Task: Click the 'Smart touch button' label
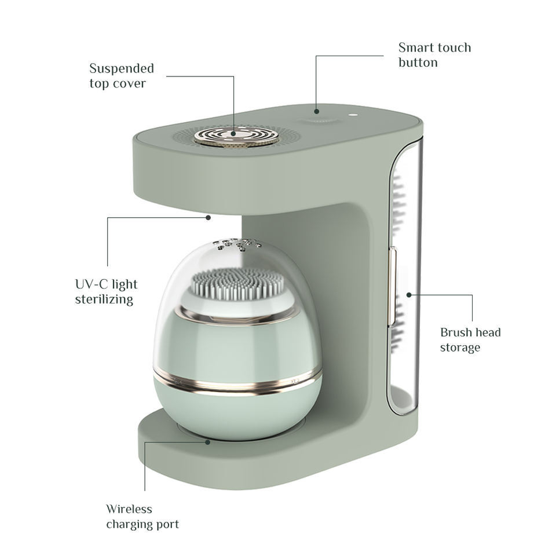pos(435,55)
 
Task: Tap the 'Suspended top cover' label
pos(122,75)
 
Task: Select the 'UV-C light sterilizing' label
pos(106,291)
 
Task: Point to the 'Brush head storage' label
pos(470,340)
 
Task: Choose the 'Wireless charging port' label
pos(142,516)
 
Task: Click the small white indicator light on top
pos(353,115)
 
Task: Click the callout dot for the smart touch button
pos(317,111)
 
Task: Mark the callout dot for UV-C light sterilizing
pos(208,217)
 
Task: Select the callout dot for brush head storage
pos(409,295)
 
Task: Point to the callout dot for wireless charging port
pos(208,442)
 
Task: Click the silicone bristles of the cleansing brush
pos(237,283)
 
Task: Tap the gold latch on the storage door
pos(392,286)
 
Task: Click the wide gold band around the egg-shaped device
pos(237,380)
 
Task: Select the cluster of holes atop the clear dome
pos(236,244)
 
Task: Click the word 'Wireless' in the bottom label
pos(129,509)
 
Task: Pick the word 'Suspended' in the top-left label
pos(122,68)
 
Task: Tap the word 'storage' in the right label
pos(460,347)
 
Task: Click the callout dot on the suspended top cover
pos(233,134)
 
